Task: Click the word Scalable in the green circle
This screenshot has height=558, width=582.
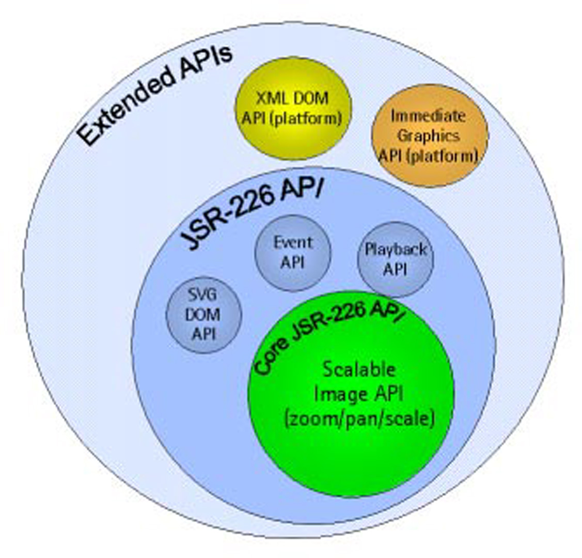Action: pyautogui.click(x=359, y=369)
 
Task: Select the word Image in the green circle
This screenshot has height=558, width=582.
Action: pyautogui.click(x=338, y=394)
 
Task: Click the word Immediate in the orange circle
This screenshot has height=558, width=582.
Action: pyautogui.click(x=428, y=116)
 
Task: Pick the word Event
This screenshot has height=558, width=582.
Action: pyautogui.click(x=293, y=242)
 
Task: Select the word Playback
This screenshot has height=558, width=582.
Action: pyautogui.click(x=396, y=250)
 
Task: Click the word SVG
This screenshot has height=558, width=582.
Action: pyautogui.click(x=202, y=295)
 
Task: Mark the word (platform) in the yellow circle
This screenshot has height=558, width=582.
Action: pyautogui.click(x=313, y=117)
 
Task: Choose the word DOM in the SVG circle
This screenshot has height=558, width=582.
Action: pyautogui.click(x=203, y=315)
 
